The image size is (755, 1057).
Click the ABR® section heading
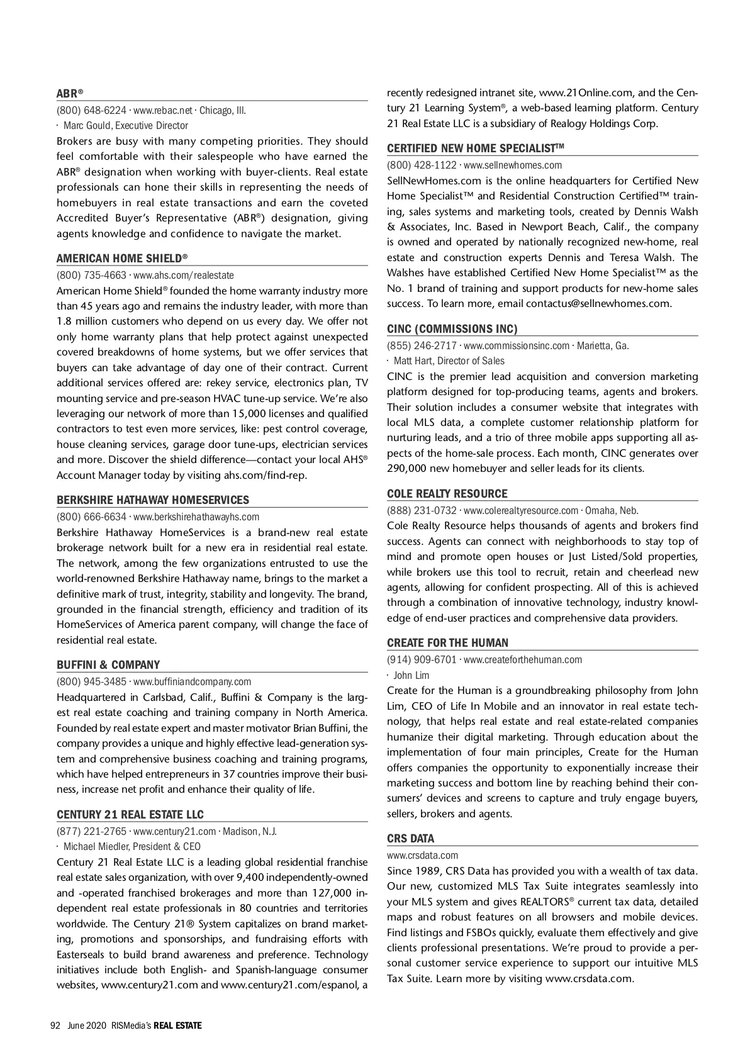(70, 94)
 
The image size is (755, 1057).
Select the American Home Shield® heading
(122, 259)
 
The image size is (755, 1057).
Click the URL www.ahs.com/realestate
(184, 275)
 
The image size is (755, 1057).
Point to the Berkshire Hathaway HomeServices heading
(153, 500)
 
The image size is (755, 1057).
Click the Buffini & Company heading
(108, 665)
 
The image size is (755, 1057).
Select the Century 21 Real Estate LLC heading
(130, 815)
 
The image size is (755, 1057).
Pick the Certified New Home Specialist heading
(475, 148)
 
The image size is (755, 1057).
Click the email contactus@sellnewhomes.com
(598, 304)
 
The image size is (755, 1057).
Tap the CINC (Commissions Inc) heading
(452, 329)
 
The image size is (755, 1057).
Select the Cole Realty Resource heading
(447, 494)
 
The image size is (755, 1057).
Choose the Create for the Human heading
(448, 643)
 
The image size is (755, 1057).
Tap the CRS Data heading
(411, 839)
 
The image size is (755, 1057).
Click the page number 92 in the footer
(55, 1026)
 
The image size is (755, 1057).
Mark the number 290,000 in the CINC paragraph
(408, 469)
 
